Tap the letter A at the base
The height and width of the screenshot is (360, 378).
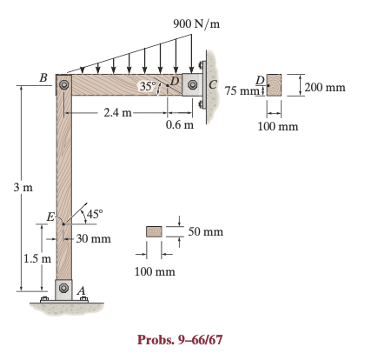pyautogui.click(x=82, y=291)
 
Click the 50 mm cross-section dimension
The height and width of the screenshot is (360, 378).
pyautogui.click(x=205, y=232)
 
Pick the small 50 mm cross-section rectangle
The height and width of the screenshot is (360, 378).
pyautogui.click(x=155, y=231)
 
